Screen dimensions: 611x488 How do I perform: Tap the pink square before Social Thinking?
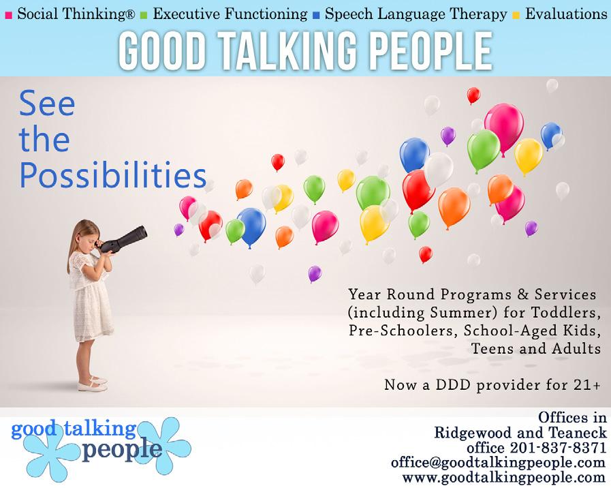[x=9, y=16]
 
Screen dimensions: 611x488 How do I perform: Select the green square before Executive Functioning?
[x=144, y=16]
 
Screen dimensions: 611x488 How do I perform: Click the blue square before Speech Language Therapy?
[x=316, y=16]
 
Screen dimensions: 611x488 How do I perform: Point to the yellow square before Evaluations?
[x=516, y=16]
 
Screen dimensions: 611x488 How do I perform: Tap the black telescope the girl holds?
[x=123, y=240]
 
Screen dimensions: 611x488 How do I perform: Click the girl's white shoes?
[x=93, y=384]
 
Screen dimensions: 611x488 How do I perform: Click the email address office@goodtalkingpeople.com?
[x=499, y=462]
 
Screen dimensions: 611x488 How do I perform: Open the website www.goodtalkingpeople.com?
[x=504, y=477]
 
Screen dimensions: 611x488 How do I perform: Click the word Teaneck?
[x=578, y=432]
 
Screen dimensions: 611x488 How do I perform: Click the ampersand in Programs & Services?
[x=522, y=294]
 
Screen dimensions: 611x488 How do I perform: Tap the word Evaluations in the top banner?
[x=566, y=14]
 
